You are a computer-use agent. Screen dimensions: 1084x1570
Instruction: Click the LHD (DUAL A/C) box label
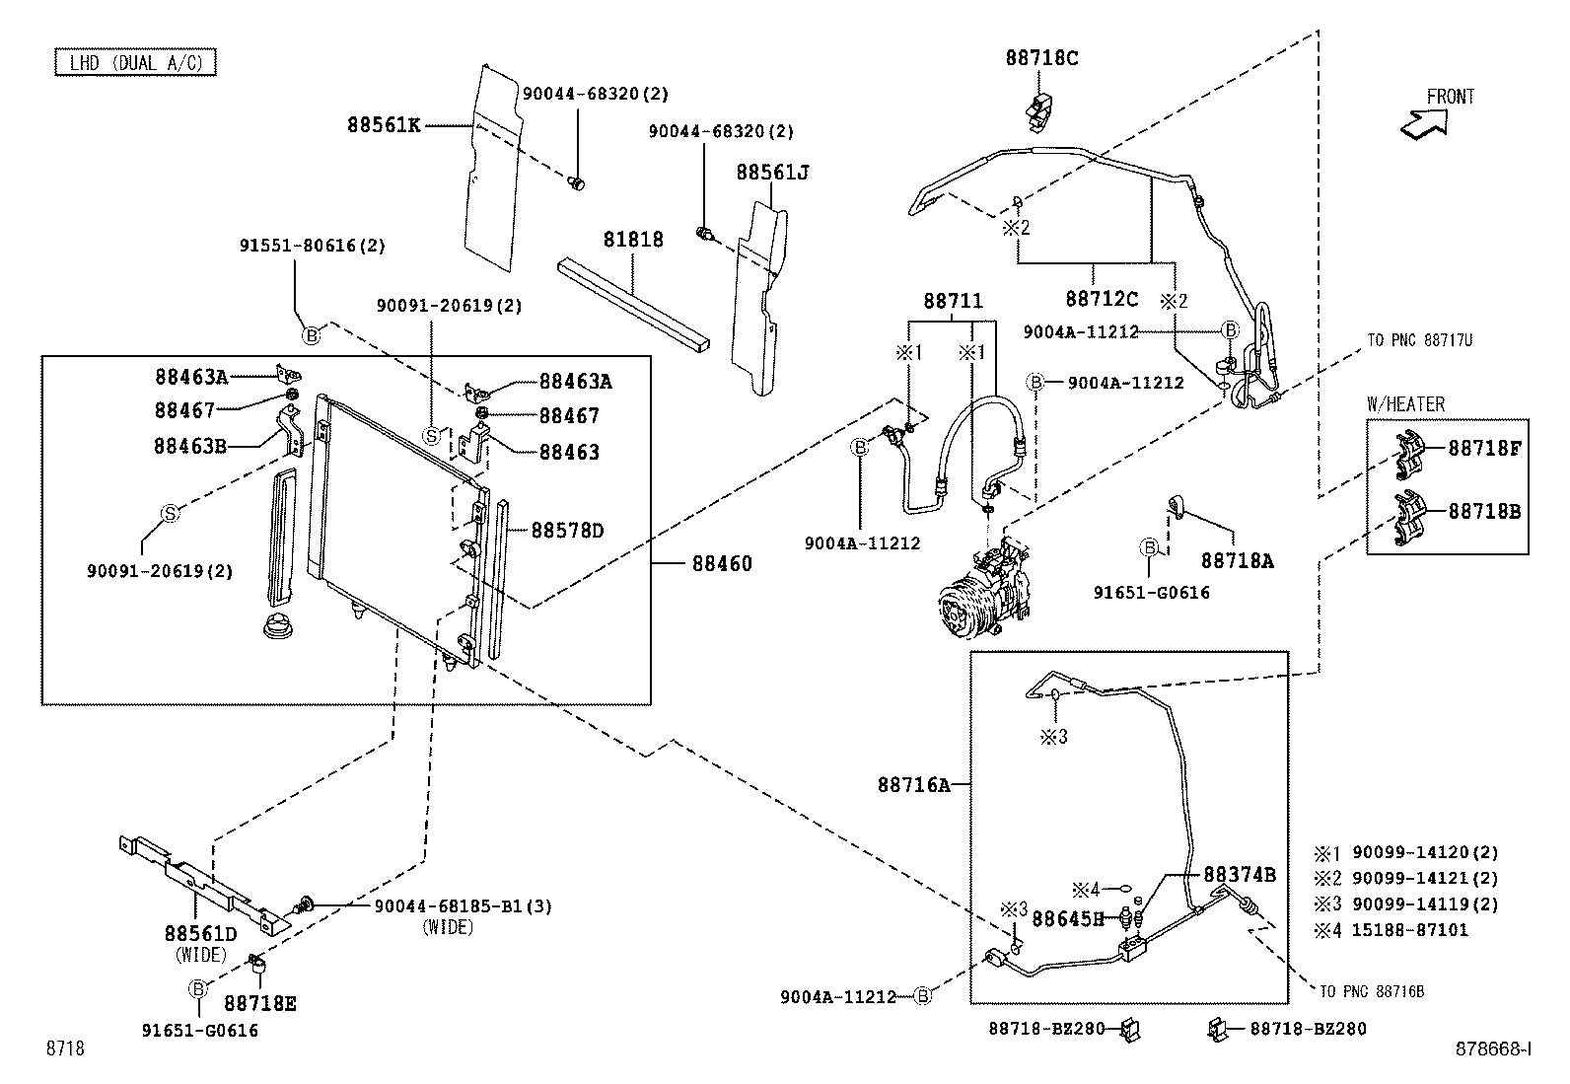click(135, 63)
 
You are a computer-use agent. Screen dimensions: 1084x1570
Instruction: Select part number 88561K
click(384, 125)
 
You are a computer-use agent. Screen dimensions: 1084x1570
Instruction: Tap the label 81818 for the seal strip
click(633, 240)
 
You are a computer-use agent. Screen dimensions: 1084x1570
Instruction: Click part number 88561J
click(772, 173)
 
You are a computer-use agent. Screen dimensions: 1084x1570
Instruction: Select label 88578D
click(567, 531)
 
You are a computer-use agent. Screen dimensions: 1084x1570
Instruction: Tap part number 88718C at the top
click(1041, 58)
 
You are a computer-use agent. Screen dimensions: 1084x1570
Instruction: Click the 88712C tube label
click(1102, 298)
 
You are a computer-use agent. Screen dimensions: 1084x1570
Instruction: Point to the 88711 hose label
click(953, 301)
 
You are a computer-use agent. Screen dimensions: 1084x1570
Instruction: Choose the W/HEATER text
click(1405, 404)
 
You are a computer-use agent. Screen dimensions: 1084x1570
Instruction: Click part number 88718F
click(1484, 449)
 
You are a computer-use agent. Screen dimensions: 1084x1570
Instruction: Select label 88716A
click(914, 785)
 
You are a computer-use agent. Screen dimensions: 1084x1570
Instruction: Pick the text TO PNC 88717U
click(1419, 340)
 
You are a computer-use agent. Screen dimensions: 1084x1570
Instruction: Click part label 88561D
click(201, 934)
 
